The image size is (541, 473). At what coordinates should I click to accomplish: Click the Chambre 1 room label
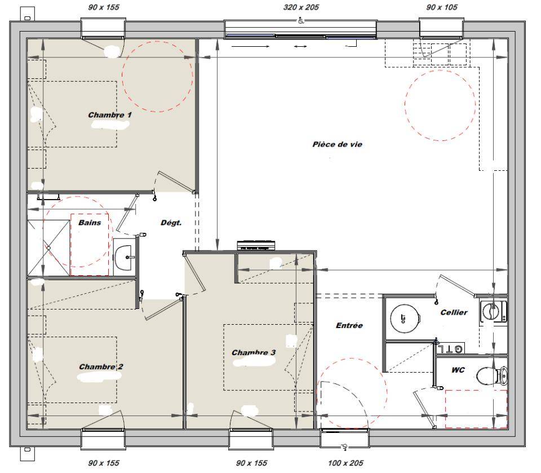pos(110,115)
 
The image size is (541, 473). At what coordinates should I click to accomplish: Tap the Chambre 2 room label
pos(101,366)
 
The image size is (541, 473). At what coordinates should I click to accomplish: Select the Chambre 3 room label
pos(254,352)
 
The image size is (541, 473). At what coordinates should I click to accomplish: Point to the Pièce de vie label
pos(337,144)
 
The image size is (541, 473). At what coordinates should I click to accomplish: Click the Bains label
pos(90,222)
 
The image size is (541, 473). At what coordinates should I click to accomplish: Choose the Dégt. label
pos(171,223)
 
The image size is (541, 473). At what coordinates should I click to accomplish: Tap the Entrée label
pos(349,325)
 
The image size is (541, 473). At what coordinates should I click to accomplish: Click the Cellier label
pos(454,312)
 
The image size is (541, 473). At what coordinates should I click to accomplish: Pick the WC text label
pos(458,370)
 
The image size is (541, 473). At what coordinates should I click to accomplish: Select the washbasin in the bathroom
pos(123,257)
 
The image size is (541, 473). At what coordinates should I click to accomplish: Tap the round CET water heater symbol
pos(405,319)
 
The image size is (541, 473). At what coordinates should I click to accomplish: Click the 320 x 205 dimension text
pos(301,7)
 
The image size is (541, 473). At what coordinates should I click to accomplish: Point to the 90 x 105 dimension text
pos(442,7)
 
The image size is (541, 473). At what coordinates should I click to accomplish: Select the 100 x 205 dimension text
pos(345,463)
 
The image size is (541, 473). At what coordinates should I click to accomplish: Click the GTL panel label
pos(450,349)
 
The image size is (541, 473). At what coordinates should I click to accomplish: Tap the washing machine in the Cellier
pos(494,311)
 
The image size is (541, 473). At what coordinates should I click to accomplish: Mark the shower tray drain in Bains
pos(48,248)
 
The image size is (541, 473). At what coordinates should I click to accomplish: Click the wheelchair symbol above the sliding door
pos(301,21)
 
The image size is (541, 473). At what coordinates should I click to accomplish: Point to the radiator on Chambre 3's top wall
pos(256,245)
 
